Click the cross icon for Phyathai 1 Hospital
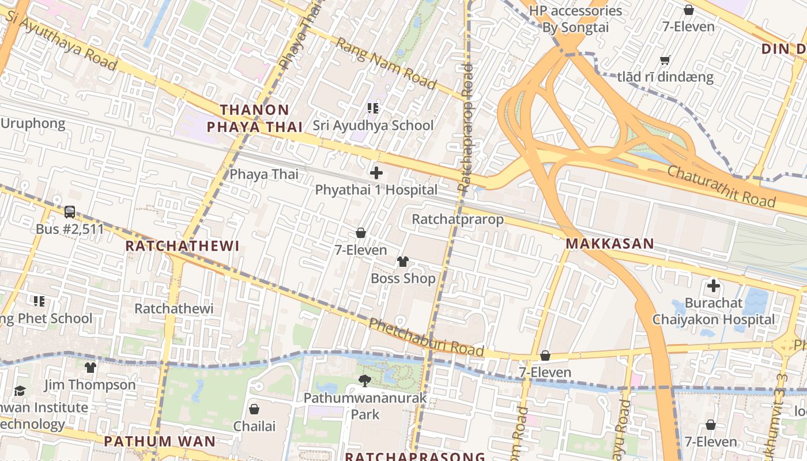376,172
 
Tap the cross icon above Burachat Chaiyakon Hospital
714,285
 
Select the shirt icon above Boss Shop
402,262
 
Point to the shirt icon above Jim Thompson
90,368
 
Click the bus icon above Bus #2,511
70,212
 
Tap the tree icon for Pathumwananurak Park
364,380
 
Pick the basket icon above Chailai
254,409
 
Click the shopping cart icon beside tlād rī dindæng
665,60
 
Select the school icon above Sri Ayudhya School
372,108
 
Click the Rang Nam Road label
386,63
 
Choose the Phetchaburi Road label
426,337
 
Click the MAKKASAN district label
610,243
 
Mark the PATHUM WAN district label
159,441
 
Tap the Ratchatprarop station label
458,220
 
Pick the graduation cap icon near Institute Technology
20,391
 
